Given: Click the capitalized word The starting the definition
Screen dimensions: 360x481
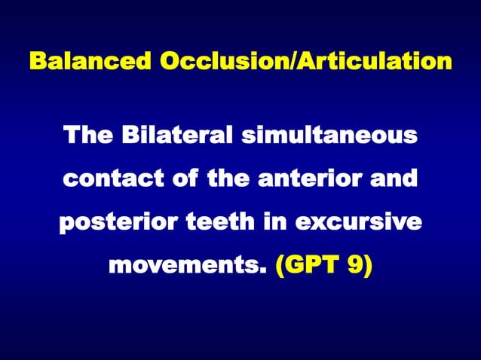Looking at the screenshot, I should coord(87,137).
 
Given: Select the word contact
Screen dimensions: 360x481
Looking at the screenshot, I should coord(110,181).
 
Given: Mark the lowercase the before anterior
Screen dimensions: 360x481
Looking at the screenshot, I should coord(226,181).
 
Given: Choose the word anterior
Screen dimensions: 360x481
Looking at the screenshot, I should coord(316,181).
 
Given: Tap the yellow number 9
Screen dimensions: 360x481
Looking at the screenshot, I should coord(356,267).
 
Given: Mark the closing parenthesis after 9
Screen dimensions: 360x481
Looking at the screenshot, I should coord(367,267).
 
